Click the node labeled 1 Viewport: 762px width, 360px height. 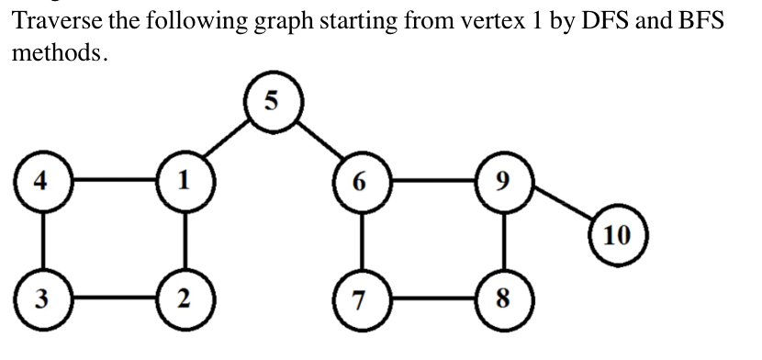point(186,179)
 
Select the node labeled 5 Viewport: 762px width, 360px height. point(271,100)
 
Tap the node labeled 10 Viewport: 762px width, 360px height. point(618,235)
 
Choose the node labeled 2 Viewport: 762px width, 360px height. point(186,299)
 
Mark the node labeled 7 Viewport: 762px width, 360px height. point(362,299)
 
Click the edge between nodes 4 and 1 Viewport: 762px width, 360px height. point(114,179)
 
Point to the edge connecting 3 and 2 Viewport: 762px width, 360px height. point(114,299)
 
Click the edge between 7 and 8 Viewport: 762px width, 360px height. point(432,299)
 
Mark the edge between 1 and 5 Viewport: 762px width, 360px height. point(229,140)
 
